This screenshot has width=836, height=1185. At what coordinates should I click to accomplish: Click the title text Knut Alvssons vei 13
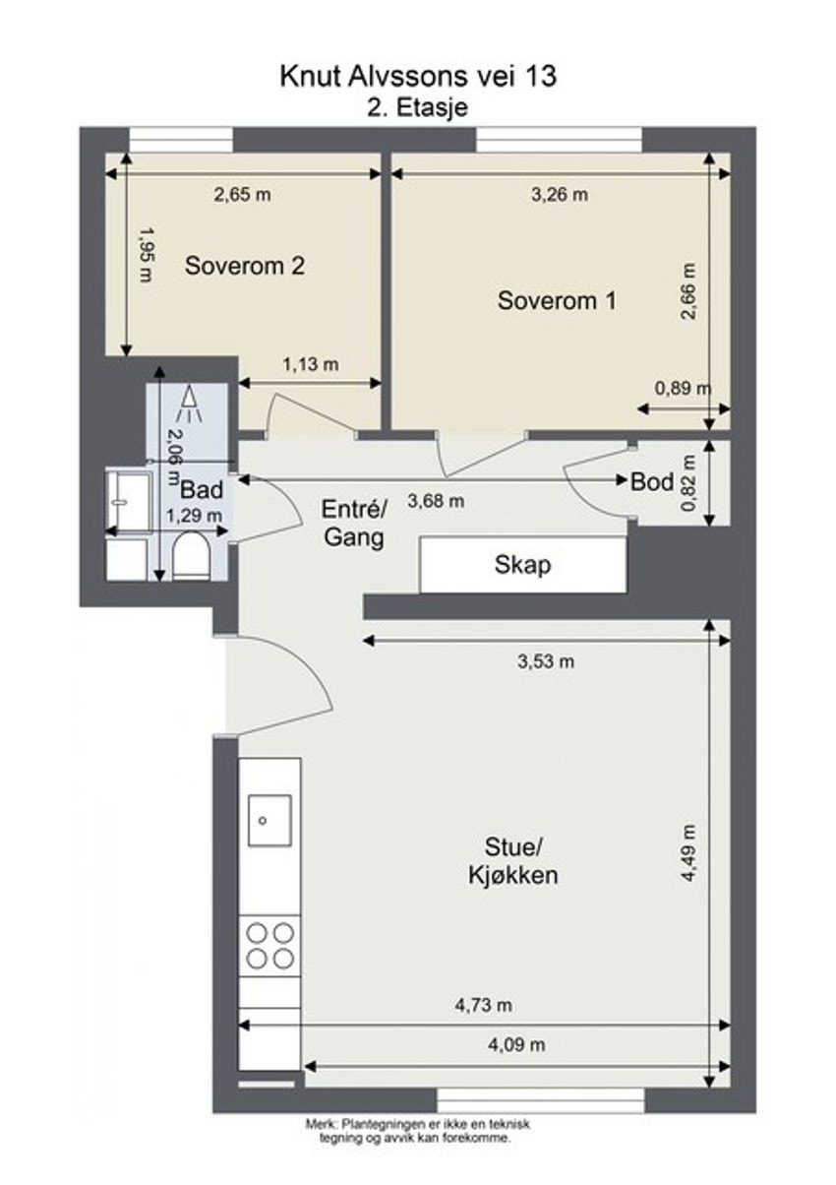coord(418,76)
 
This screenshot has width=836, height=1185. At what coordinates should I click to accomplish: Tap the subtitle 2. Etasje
coord(418,107)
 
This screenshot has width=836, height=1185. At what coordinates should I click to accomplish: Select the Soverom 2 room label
coord(244,266)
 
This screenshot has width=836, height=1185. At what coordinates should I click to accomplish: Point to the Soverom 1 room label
coord(557,300)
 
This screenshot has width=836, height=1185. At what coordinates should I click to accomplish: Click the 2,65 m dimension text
coord(242,195)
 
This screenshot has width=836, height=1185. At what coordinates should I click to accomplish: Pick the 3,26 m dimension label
coord(560,195)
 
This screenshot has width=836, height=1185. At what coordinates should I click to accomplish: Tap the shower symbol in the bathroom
coord(188,404)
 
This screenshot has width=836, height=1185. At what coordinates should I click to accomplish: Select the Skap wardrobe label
coord(522,565)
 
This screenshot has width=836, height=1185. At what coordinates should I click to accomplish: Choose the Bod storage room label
coord(652,481)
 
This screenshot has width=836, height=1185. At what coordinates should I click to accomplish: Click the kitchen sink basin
coord(269,821)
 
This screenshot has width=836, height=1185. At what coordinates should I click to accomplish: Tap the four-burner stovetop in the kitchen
coord(270,945)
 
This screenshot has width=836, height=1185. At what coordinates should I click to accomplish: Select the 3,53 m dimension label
coord(546,661)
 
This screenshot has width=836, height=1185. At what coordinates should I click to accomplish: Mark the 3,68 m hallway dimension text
coord(437,500)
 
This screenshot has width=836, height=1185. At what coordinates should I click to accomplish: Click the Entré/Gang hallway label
coord(354,524)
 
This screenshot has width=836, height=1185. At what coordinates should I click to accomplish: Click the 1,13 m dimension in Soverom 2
coord(311,364)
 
